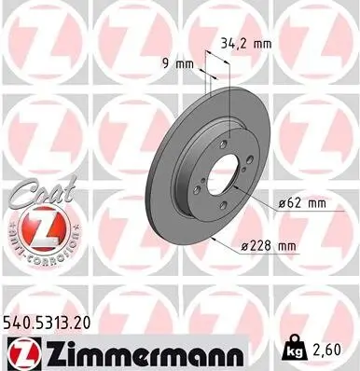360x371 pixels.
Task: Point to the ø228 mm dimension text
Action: (272, 246)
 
